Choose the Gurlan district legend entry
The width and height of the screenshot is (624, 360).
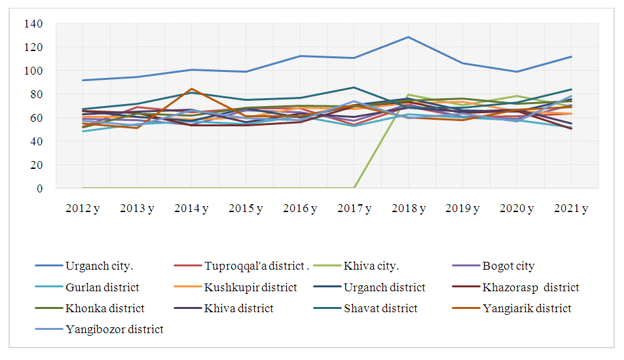[x=102, y=288]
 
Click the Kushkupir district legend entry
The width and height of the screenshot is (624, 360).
[x=250, y=288]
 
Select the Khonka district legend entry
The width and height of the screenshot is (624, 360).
[x=105, y=309]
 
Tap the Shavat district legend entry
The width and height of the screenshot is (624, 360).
[x=379, y=309]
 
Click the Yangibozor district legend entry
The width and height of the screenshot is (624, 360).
[x=115, y=330]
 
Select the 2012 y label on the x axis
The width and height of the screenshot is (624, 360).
[x=83, y=209]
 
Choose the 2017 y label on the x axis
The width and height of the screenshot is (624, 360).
[x=354, y=209]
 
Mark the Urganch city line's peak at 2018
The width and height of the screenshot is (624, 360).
[x=409, y=37]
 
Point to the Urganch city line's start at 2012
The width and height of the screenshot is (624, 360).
[x=83, y=81]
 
